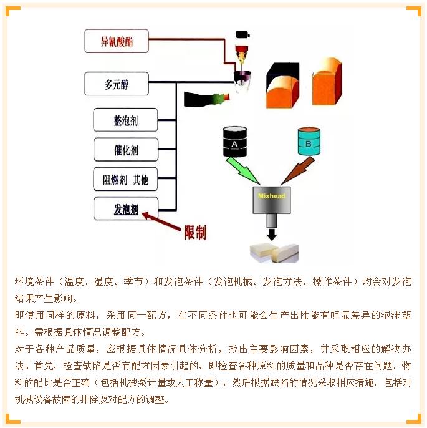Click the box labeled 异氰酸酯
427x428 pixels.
[x=117, y=41]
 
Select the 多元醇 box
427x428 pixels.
[x=117, y=84]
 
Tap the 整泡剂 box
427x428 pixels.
[x=125, y=120]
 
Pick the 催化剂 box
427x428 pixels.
[x=126, y=150]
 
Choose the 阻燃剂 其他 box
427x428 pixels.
[x=125, y=179]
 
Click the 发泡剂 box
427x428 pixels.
[x=126, y=208]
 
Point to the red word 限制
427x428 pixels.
[x=195, y=232]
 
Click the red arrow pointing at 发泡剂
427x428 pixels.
[x=161, y=221]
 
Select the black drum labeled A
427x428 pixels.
[x=235, y=142]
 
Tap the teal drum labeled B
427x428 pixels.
[x=309, y=141]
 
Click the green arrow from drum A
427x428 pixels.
[x=242, y=170]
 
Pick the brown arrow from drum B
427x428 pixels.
[x=298, y=170]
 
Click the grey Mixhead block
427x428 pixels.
[x=272, y=200]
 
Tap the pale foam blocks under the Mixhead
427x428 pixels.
[x=274, y=253]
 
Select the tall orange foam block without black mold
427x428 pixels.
[x=327, y=81]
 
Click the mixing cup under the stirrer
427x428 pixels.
[x=242, y=79]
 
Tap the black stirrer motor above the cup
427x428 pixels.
[x=242, y=35]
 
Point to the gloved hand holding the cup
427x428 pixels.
[x=207, y=99]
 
